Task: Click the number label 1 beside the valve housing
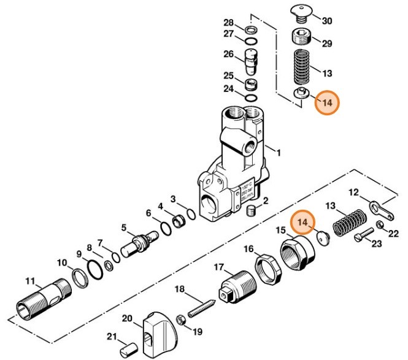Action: point(277,152)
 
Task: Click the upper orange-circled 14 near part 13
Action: point(327,103)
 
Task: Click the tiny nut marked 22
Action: point(380,227)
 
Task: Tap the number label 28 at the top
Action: point(229,23)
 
